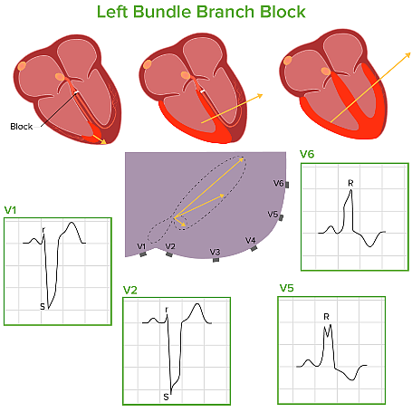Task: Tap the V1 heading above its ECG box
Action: tap(11, 209)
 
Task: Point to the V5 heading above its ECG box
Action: tap(286, 288)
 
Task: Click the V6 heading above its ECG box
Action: tap(307, 155)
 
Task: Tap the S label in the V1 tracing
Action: tap(42, 307)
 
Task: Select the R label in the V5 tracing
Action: tap(326, 317)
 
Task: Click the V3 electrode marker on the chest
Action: tap(216, 260)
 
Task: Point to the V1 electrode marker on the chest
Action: tap(143, 254)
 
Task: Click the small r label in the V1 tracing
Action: tap(43, 230)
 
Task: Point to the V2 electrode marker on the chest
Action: tap(169, 254)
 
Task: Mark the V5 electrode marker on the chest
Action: tap(281, 218)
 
